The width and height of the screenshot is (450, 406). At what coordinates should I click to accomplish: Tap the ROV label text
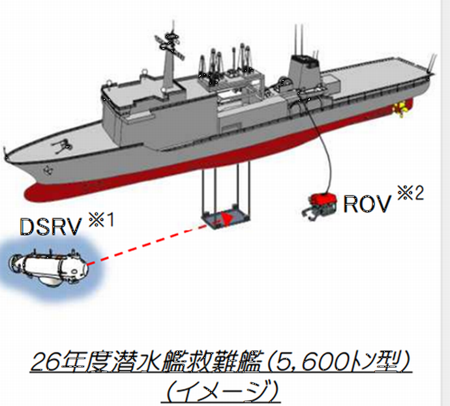367,203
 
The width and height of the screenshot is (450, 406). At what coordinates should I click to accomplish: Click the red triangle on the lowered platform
226,219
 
